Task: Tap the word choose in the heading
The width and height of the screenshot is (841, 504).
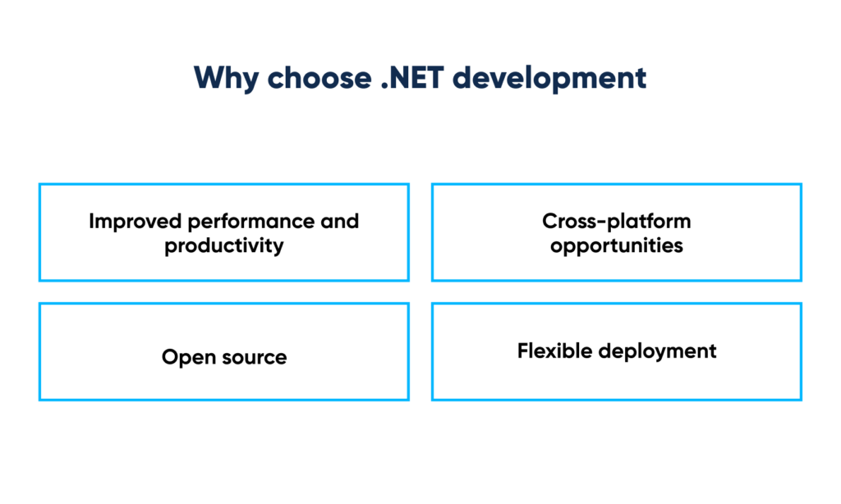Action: (x=319, y=78)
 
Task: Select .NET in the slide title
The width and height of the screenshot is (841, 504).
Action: (x=412, y=78)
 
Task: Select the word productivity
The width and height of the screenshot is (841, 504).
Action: (x=224, y=246)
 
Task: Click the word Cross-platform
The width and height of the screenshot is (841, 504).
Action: (x=616, y=222)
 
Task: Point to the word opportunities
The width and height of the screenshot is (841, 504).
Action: (x=616, y=246)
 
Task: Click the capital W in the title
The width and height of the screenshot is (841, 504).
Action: (x=209, y=78)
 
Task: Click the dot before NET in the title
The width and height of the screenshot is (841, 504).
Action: (x=384, y=86)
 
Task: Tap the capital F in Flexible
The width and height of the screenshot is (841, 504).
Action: (x=523, y=351)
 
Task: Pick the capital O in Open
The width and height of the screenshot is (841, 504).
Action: (x=171, y=357)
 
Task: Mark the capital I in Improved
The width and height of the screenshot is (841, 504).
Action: (x=91, y=222)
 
